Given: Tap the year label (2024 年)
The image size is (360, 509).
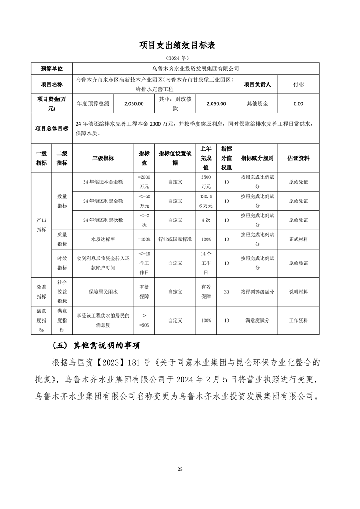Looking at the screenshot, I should tap(180, 58).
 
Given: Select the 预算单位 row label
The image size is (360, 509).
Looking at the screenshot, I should tap(52, 69).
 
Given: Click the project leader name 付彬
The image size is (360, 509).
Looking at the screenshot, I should tap(298, 84).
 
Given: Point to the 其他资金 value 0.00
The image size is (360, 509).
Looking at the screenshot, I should tap(298, 103).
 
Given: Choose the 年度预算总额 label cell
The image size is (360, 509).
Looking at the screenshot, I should tap(93, 103).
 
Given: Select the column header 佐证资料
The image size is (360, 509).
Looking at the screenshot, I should tap(298, 158).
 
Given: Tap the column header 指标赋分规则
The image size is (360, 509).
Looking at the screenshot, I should tap(257, 158).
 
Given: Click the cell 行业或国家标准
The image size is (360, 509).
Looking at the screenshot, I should tap(175, 239).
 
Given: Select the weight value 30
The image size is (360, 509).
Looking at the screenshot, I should tap(227, 292).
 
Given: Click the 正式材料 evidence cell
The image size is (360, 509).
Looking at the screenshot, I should tap(298, 239).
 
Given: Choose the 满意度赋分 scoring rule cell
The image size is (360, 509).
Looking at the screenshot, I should tap(257, 320).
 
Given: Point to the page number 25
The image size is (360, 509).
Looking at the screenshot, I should tap(180, 469).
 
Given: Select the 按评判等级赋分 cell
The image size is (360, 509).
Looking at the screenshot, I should tap(257, 292).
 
